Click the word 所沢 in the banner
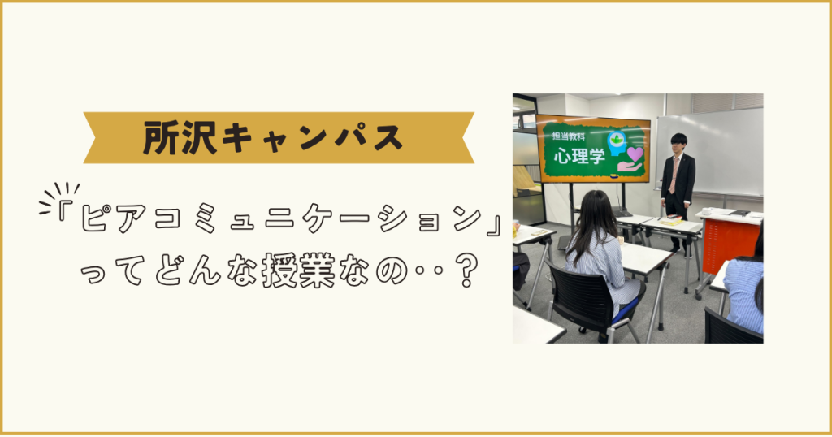point(180,138)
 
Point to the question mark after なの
point(466,270)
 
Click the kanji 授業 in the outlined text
point(298,270)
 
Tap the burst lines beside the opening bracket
point(58,197)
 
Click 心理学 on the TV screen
point(578,155)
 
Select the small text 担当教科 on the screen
point(569,136)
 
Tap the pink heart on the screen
point(635,154)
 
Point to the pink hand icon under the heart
point(630,167)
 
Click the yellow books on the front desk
point(669,221)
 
